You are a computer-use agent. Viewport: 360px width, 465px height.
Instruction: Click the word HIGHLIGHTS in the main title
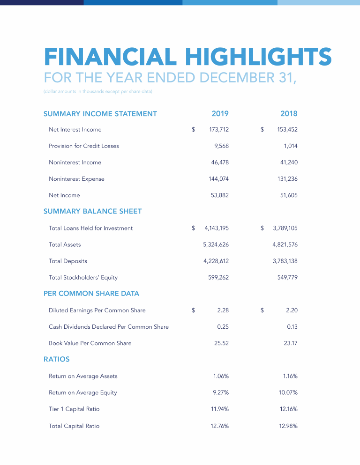coord(258,57)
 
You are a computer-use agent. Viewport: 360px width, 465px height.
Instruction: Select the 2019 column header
coord(220,113)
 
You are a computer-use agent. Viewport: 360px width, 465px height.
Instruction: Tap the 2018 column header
coord(289,113)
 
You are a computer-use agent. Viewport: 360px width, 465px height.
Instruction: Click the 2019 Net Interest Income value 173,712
coord(219,129)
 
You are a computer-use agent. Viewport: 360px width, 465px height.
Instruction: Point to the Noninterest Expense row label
coord(76,179)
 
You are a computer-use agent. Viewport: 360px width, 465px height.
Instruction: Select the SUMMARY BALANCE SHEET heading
coord(92,211)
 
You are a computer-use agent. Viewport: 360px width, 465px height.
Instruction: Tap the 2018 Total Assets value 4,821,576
coord(285,244)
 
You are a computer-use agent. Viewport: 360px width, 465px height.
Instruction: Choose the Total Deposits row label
coord(68,261)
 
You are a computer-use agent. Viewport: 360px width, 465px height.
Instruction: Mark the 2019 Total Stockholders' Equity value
coord(218,277)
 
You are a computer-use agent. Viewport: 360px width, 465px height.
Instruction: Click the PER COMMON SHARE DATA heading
coord(91,294)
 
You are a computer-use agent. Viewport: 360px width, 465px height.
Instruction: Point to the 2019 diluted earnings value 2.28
coord(223,310)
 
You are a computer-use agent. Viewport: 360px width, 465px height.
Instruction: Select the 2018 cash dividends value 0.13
coord(292,326)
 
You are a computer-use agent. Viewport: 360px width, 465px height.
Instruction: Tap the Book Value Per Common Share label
coord(90,343)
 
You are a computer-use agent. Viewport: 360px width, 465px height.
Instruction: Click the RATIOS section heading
coord(57,359)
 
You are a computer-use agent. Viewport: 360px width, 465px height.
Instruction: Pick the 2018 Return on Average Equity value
coord(288,392)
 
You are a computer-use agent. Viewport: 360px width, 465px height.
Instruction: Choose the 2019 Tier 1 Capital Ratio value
coord(220,409)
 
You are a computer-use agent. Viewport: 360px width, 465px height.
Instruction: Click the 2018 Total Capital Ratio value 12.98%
coord(288,426)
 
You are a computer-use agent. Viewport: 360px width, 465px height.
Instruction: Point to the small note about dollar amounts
coord(98,91)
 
